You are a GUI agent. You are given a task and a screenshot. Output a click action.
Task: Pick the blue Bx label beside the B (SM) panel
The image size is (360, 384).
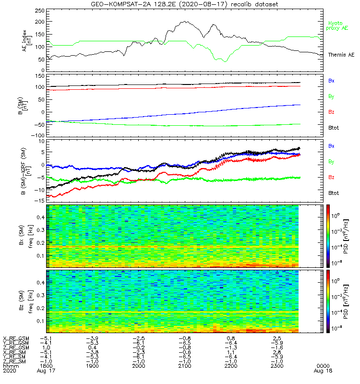(331, 81)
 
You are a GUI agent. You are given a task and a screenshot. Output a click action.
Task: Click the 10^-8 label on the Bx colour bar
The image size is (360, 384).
(336, 263)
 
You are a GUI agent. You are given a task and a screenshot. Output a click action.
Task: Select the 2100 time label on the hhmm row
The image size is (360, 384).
(185, 366)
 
